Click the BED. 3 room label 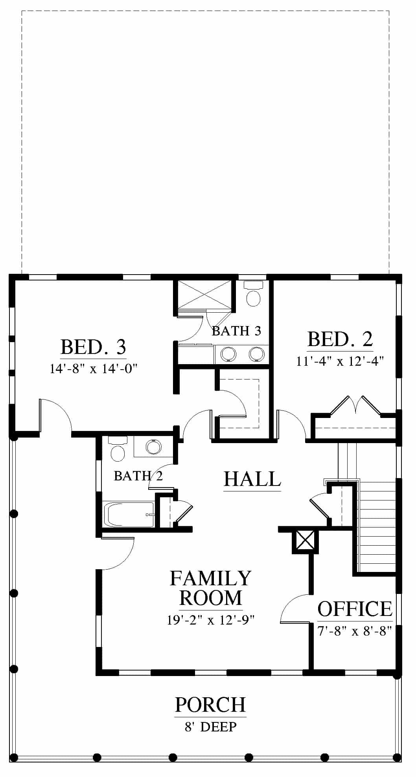click(93, 347)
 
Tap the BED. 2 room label click(340, 339)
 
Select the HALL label click(252, 479)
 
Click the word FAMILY click(210, 579)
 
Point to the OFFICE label click(355, 609)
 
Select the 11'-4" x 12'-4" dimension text click(340, 361)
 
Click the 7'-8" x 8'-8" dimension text click(355, 631)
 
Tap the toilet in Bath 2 click(117, 449)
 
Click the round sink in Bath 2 click(153, 447)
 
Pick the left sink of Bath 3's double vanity click(228, 354)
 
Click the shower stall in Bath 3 click(204, 295)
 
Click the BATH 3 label click(237, 331)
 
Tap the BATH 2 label click(138, 476)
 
